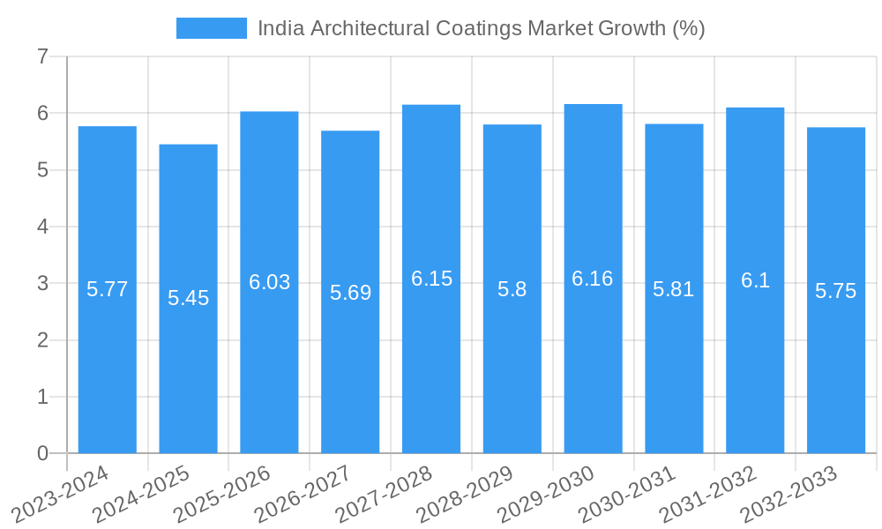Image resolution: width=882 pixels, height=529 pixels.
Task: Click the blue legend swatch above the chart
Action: (212, 28)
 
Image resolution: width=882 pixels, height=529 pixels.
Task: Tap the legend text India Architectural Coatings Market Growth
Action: (481, 28)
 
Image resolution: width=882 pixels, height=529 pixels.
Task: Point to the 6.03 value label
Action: (269, 282)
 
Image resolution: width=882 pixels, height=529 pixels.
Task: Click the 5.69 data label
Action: (350, 293)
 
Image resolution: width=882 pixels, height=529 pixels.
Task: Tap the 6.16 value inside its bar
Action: (593, 279)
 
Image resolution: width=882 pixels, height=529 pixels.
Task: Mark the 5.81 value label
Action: (674, 289)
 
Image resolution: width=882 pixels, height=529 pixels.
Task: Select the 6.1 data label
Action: (755, 280)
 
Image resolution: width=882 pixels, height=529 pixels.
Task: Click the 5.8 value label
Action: (512, 289)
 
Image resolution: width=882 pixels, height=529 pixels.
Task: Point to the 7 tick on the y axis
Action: (42, 56)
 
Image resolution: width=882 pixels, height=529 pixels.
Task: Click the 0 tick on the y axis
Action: (42, 453)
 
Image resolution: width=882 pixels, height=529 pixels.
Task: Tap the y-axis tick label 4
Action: (42, 227)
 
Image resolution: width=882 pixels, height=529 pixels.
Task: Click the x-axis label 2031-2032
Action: (709, 495)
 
